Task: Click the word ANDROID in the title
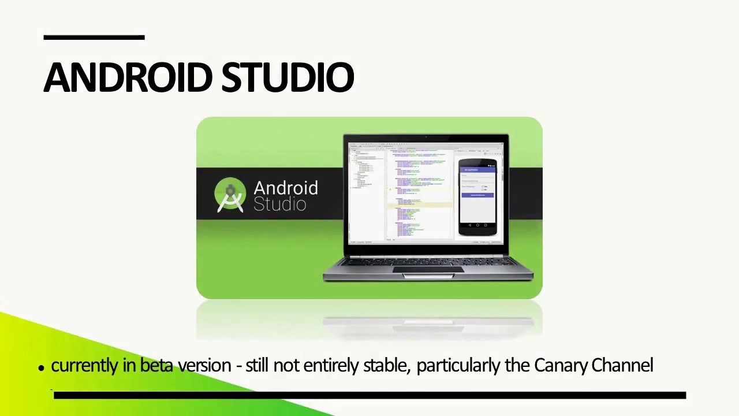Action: pyautogui.click(x=129, y=77)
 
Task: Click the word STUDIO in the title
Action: pyautogui.click(x=288, y=77)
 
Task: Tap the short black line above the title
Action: pyautogui.click(x=94, y=38)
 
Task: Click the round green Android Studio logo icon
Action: pyautogui.click(x=230, y=195)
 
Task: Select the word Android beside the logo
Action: pyautogui.click(x=285, y=188)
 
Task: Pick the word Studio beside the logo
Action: pyautogui.click(x=279, y=204)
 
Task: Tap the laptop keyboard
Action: pyautogui.click(x=427, y=262)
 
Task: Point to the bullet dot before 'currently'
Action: pyautogui.click(x=41, y=367)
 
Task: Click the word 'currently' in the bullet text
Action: pyautogui.click(x=84, y=366)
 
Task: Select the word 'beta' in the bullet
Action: pyautogui.click(x=156, y=365)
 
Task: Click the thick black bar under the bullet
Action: pyautogui.click(x=369, y=395)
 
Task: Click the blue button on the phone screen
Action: pyautogui.click(x=477, y=195)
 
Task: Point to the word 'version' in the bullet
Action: pyautogui.click(x=204, y=365)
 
